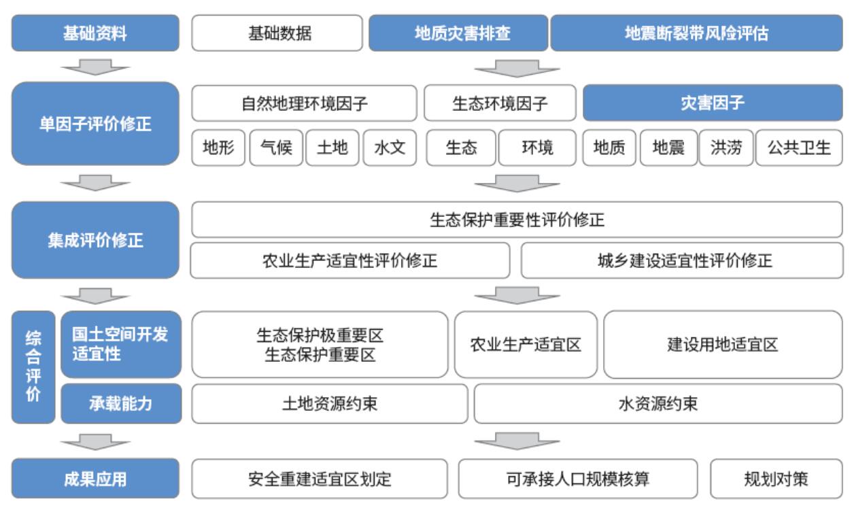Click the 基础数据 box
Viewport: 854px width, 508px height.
click(x=277, y=33)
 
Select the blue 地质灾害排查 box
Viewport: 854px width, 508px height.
click(x=458, y=33)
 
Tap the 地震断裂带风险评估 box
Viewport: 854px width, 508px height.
click(x=696, y=33)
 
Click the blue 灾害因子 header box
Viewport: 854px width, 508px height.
click(x=713, y=103)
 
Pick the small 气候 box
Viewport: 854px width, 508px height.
click(x=277, y=148)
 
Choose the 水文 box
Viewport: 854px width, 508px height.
click(x=390, y=148)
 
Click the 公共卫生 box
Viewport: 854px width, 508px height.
click(x=799, y=148)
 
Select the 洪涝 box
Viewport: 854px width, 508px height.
click(x=726, y=148)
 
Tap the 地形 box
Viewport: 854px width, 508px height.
click(x=218, y=148)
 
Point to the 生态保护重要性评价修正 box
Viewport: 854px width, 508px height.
click(x=517, y=220)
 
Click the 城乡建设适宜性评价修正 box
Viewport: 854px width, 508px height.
click(x=682, y=260)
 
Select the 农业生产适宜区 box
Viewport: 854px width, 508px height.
click(x=526, y=344)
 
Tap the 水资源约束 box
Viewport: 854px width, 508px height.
click(x=658, y=403)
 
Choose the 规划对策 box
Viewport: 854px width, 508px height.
click(x=776, y=479)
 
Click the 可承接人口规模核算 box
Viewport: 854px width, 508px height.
click(x=578, y=479)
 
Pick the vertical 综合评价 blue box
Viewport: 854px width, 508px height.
click(x=33, y=367)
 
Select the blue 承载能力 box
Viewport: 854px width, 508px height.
click(x=121, y=403)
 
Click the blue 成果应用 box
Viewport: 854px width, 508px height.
click(x=95, y=479)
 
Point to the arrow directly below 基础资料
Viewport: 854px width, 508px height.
click(x=95, y=67)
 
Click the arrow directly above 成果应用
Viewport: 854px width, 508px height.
click(x=95, y=442)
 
